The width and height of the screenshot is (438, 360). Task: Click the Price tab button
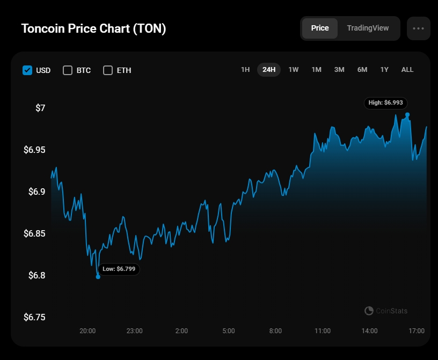(320, 28)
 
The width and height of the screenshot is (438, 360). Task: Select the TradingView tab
(368, 28)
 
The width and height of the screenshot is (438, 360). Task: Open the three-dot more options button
(419, 28)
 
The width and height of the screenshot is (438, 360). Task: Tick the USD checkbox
(27, 70)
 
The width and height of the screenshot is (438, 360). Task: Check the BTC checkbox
(68, 70)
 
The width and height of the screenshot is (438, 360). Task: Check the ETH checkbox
(108, 70)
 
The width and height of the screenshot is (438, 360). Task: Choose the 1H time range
(245, 70)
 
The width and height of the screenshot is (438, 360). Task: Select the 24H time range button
(269, 70)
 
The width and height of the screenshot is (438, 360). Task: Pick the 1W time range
(294, 70)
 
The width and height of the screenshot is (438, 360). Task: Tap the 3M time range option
(339, 70)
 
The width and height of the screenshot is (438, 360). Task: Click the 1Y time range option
(384, 70)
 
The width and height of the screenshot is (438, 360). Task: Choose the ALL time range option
(407, 70)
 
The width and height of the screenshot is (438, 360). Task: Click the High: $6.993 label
(386, 102)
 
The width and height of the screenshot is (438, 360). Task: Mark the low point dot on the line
(98, 277)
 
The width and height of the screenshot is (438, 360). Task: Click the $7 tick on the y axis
(40, 108)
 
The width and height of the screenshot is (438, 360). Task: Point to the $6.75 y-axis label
(35, 317)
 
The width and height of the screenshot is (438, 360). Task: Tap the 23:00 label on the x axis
(134, 331)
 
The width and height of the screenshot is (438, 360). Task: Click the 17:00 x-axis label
(417, 331)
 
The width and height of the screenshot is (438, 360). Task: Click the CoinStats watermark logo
(369, 311)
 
